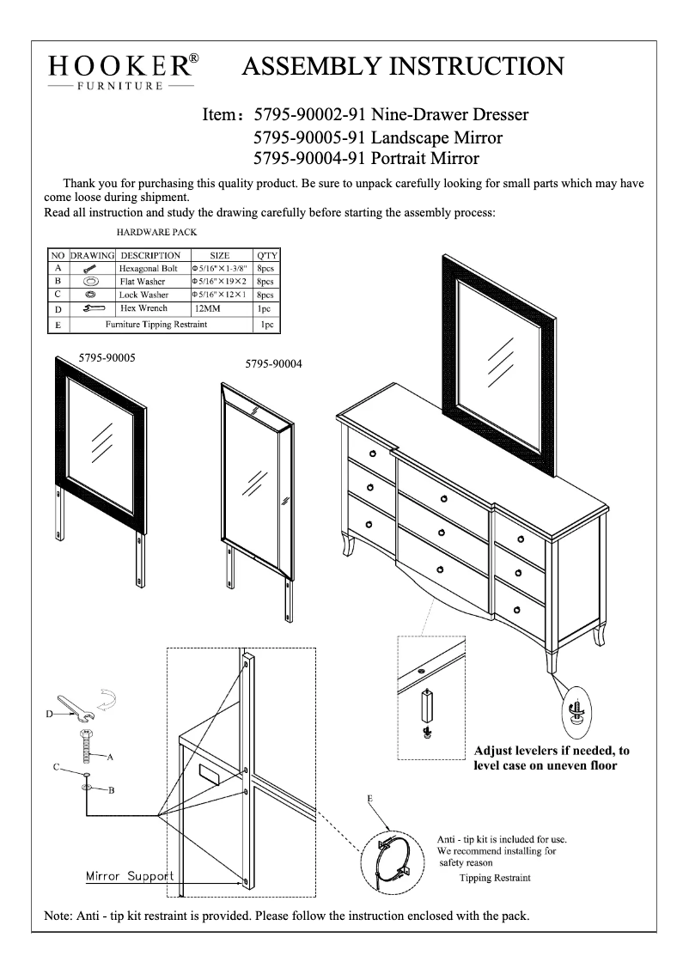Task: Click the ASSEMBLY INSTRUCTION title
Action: [404, 65]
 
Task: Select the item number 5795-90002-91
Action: [311, 115]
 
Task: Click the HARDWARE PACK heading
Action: [156, 232]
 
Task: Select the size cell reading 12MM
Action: [208, 308]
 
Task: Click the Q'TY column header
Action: [265, 255]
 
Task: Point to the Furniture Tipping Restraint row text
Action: [156, 326]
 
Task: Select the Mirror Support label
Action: [130, 877]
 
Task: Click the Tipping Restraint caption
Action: [495, 878]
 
